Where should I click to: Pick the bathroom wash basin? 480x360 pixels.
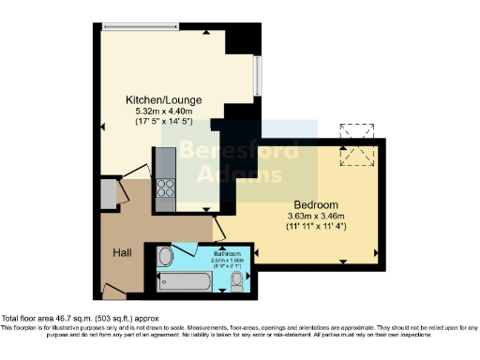(x=165, y=256)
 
